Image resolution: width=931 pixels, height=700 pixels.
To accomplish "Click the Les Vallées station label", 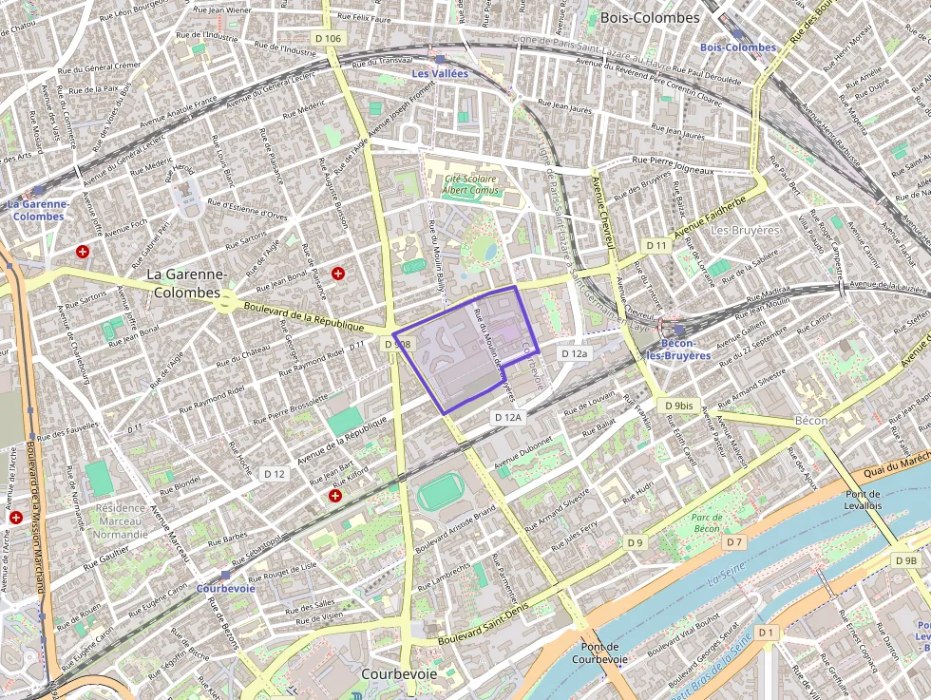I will (432, 73).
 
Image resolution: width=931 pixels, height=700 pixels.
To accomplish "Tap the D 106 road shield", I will (327, 38).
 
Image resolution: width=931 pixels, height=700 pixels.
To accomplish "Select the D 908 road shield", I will (397, 344).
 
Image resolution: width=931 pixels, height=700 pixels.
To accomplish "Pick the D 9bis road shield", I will (678, 406).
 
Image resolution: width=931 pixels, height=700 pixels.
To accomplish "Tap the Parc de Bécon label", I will (706, 523).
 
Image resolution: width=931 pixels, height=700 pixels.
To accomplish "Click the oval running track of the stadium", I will (441, 492).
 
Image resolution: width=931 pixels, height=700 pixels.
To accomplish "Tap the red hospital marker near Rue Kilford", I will (334, 495).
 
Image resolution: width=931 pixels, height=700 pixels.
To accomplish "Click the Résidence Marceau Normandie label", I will (121, 520).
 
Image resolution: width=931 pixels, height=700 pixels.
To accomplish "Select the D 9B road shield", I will (906, 560).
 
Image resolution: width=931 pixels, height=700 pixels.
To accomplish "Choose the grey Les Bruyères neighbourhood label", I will (745, 230).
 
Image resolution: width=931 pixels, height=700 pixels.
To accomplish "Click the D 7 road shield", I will (733, 541).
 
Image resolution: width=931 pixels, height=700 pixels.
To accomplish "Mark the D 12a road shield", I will (575, 352).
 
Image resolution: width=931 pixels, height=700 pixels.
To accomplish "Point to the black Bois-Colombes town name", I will (650, 17).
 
